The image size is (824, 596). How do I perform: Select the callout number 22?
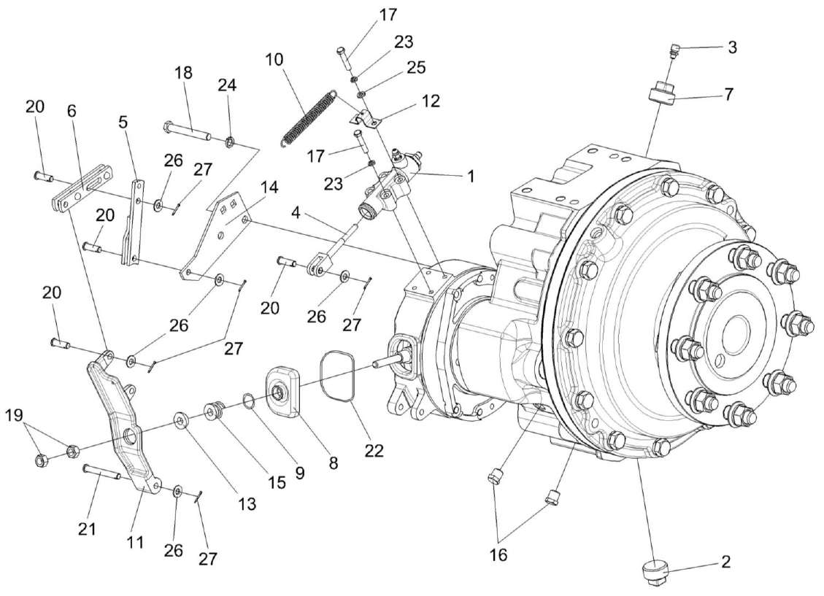point(374,450)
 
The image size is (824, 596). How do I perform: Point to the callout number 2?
point(724,562)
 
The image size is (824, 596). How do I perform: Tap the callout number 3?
point(731,47)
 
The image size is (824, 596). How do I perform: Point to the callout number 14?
point(269,187)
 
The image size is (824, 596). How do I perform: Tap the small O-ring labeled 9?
point(247,400)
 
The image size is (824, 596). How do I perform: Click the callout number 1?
point(471,176)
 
